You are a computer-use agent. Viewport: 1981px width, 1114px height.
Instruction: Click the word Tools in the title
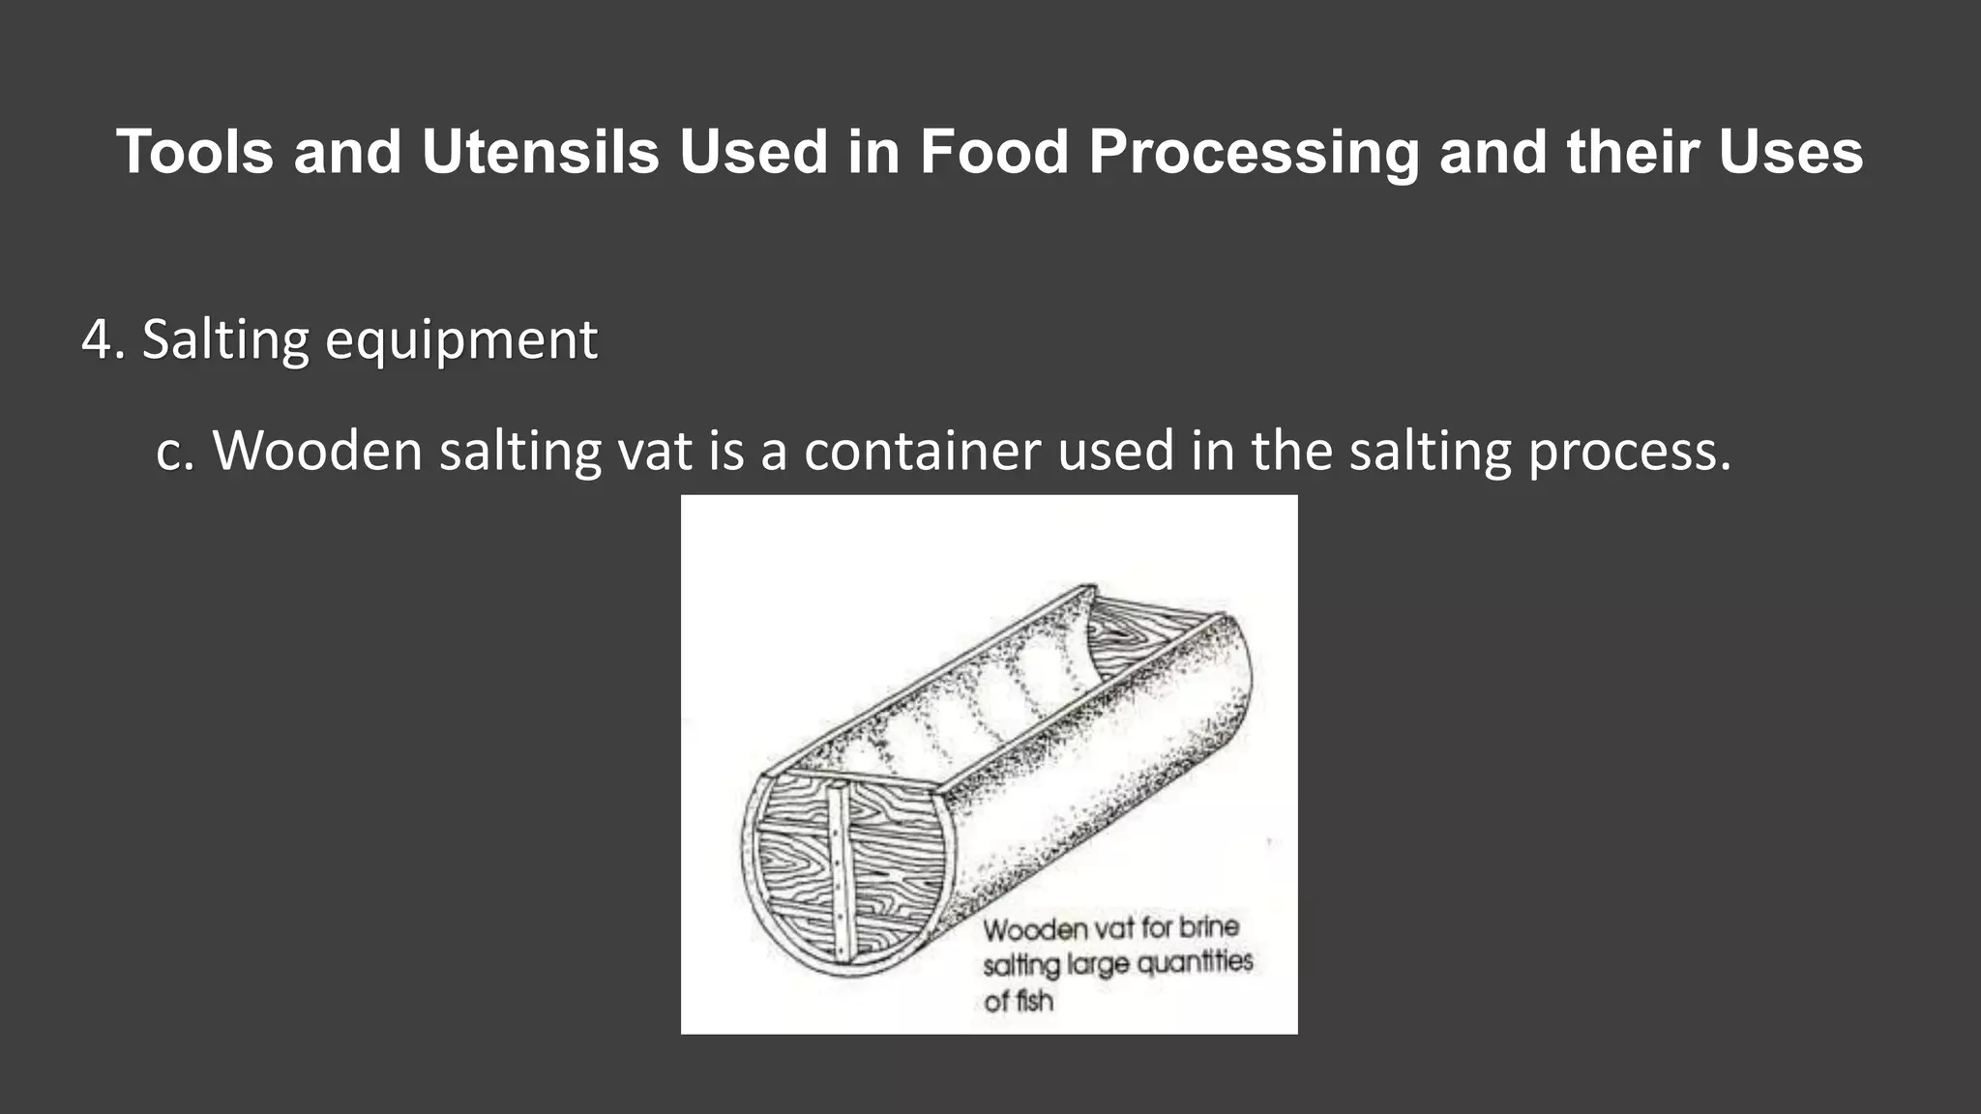pyautogui.click(x=194, y=152)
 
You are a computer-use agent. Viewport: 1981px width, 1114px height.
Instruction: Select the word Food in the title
pyautogui.click(x=993, y=152)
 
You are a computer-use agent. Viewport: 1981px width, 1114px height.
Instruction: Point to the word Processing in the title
pyautogui.click(x=1254, y=154)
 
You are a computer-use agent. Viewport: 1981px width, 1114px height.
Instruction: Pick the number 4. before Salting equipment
pyautogui.click(x=103, y=339)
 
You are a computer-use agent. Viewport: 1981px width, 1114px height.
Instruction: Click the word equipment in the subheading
pyautogui.click(x=461, y=341)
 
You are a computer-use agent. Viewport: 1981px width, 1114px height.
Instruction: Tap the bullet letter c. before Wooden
pyautogui.click(x=175, y=451)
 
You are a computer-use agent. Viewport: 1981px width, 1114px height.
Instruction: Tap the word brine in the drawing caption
pyautogui.click(x=1208, y=926)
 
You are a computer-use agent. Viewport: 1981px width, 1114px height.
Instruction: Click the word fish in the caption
pyautogui.click(x=1033, y=1001)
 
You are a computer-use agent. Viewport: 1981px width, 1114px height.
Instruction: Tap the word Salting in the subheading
pyautogui.click(x=224, y=340)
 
